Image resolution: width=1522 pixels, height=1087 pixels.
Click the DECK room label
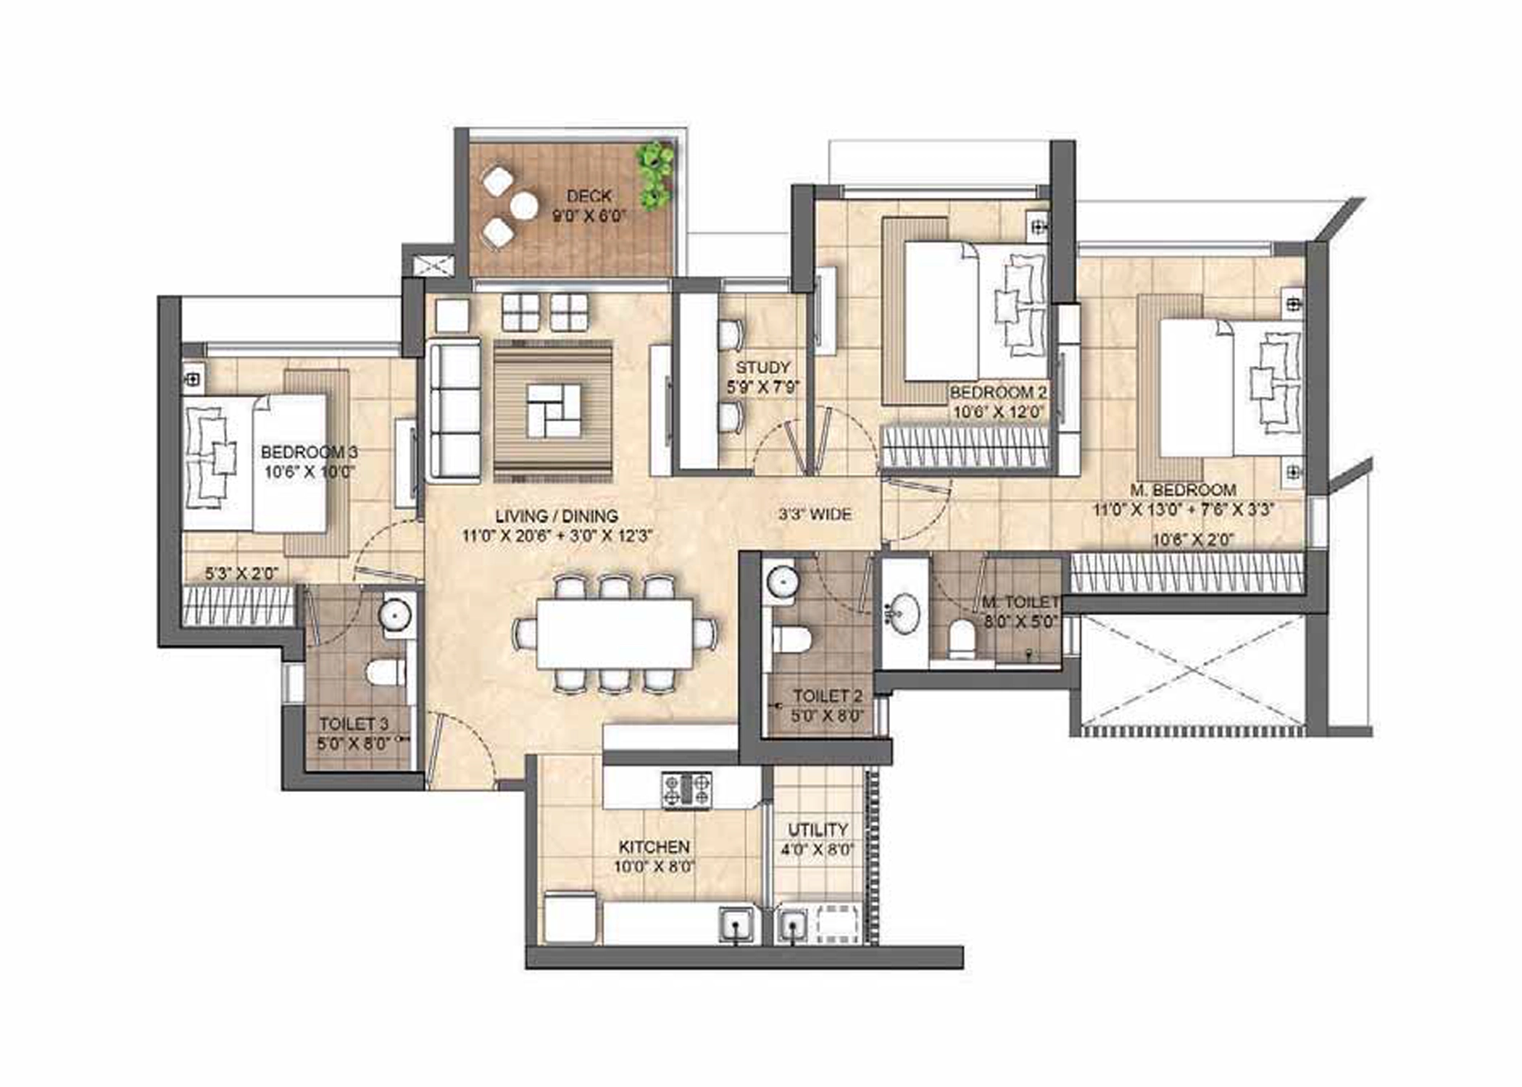pos(589,196)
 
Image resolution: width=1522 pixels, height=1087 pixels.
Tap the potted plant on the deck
pos(656,175)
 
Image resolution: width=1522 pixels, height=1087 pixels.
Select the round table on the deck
pos(524,207)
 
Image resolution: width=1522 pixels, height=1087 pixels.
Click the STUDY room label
pos(762,367)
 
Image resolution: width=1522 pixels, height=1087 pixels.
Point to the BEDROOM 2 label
pos(998,392)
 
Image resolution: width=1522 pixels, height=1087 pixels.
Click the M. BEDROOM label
pos(1183,490)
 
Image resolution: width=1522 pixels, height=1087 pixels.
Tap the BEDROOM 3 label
pos(309,452)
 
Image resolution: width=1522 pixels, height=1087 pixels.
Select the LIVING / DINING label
pos(557,516)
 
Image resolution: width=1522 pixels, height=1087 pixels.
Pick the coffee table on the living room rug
pos(554,411)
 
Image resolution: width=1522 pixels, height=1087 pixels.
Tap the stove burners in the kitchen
pos(686,790)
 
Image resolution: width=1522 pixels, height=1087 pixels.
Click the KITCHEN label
pos(654,846)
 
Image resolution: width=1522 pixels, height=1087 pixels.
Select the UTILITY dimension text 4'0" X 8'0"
pos(818,849)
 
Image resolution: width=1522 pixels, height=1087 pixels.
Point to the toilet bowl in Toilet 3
pos(385,672)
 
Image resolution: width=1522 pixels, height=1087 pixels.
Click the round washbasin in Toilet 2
pos(782,583)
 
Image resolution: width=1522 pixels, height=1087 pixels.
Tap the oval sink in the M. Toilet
pos(901,612)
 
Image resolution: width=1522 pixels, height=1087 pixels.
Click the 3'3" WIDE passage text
pos(815,515)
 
